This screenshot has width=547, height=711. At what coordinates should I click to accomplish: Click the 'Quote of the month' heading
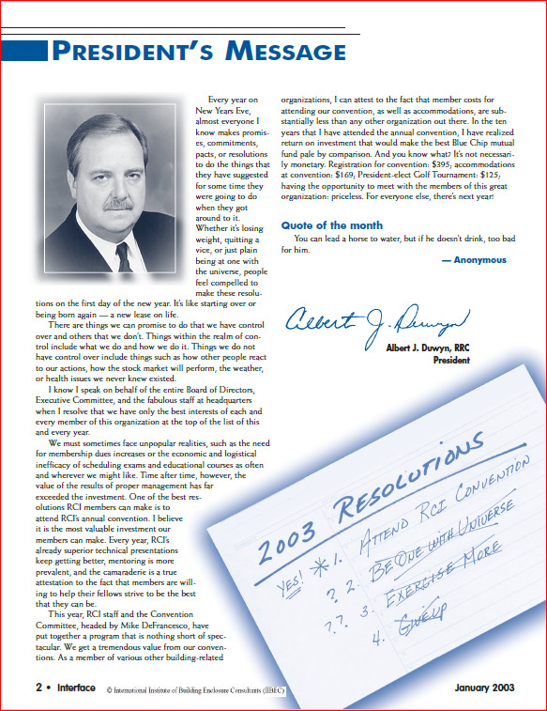click(331, 225)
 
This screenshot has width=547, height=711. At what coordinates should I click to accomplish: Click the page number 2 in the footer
click(26, 688)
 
